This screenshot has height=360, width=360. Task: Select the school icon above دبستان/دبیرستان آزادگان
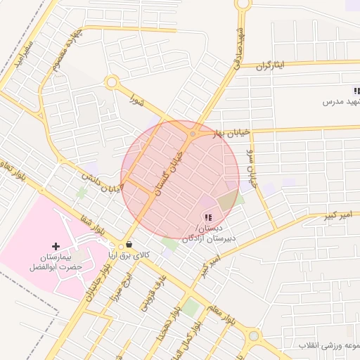tap(207, 217)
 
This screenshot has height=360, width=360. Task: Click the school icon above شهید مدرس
tap(356, 91)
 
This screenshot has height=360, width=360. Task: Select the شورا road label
tap(136, 104)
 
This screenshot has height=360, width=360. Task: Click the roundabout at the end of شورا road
tap(110, 83)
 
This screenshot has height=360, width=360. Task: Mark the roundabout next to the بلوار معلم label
tap(253, 335)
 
